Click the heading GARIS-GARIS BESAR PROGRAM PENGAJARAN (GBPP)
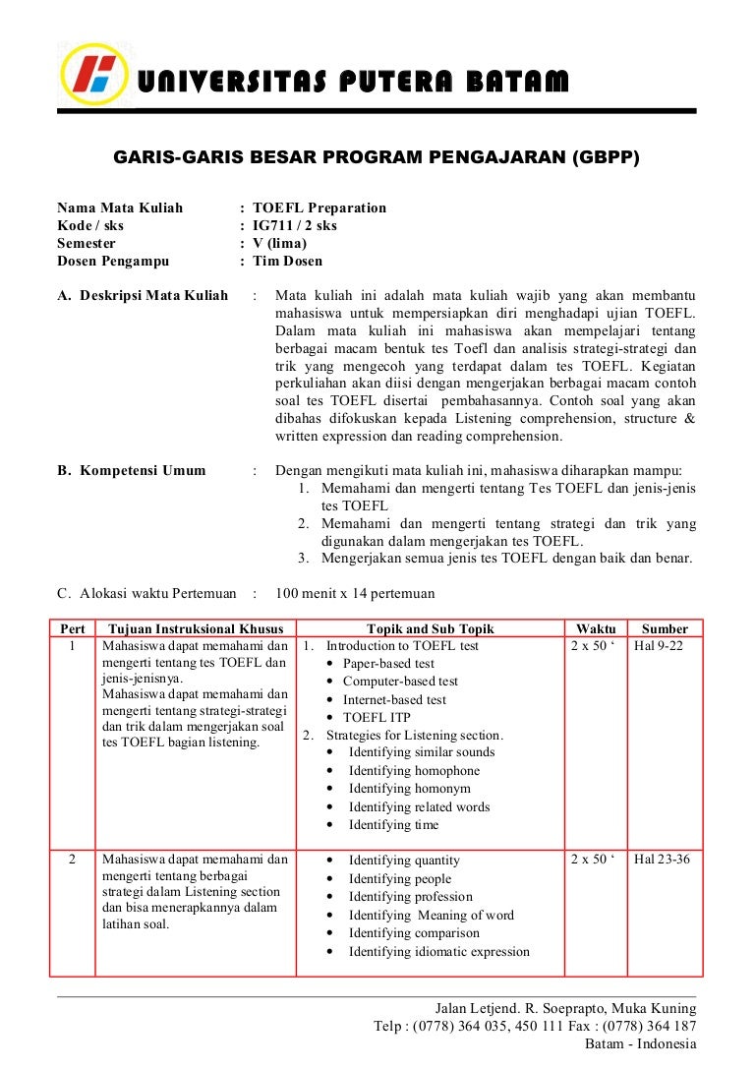(x=377, y=157)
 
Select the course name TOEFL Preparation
(x=319, y=208)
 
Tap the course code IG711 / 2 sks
(x=294, y=225)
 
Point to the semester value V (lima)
(x=279, y=243)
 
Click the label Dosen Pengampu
(x=113, y=261)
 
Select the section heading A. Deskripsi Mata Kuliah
(x=143, y=295)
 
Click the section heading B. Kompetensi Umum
(x=132, y=470)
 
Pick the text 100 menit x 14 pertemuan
(x=355, y=593)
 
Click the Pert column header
(x=73, y=628)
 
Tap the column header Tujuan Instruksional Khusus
(x=196, y=628)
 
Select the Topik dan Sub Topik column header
(x=430, y=628)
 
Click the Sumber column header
(x=665, y=628)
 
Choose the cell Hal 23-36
(x=662, y=859)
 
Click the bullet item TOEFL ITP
(x=377, y=717)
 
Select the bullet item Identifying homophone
(x=414, y=770)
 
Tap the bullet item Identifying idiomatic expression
(x=438, y=951)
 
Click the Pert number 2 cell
(x=72, y=859)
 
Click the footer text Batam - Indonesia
(x=640, y=1043)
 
